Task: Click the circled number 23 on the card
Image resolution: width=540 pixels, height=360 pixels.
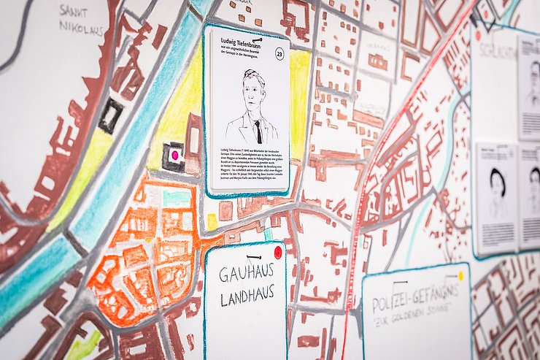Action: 279,53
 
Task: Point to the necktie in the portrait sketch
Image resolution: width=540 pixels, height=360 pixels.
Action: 258,131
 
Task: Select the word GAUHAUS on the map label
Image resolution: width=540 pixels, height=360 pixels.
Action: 246,275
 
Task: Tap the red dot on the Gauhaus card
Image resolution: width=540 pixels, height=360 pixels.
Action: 277,252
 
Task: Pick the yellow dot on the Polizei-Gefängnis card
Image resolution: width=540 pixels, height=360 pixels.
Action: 460,276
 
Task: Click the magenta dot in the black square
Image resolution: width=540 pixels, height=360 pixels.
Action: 174,155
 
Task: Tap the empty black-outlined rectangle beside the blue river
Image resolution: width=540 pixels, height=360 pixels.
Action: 110,115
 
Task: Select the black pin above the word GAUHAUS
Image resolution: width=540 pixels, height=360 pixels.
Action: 252,257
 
